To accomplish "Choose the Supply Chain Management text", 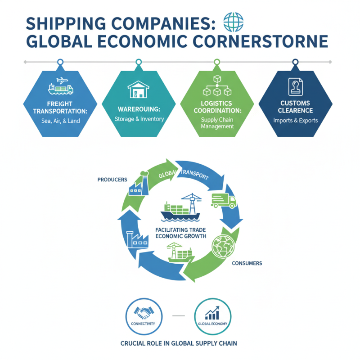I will coord(217,123).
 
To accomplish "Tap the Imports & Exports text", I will coord(295,120).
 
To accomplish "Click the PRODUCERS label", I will coord(112,180).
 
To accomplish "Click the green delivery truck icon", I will coord(223,200).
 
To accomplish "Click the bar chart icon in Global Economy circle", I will coord(212,313).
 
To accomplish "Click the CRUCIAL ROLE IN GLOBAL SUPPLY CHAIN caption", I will coord(179,343).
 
